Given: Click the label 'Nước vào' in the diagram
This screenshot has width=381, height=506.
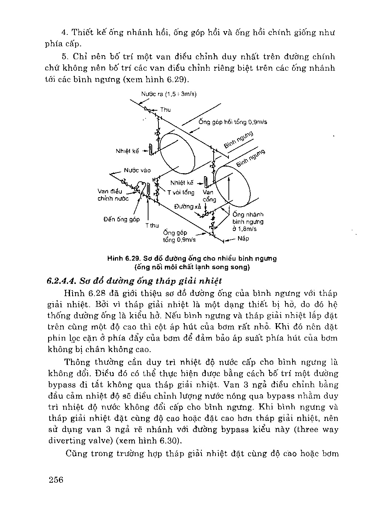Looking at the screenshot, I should point(137,170).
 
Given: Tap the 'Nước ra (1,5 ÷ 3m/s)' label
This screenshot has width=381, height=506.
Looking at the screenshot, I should point(169,94).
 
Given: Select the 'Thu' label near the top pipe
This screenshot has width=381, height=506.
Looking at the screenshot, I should point(166,110).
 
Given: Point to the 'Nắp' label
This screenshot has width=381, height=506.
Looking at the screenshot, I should point(243,238).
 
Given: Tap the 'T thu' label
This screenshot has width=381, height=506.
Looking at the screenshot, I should point(152,225).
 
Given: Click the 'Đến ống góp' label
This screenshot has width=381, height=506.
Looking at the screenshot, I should point(121,219).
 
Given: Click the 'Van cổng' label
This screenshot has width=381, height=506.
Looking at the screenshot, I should point(209,196).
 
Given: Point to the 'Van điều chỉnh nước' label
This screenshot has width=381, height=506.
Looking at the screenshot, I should point(113,195).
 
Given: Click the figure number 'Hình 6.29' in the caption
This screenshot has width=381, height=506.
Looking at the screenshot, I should point(120,258).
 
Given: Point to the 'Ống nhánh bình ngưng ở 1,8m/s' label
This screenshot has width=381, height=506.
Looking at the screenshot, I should point(248,222).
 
